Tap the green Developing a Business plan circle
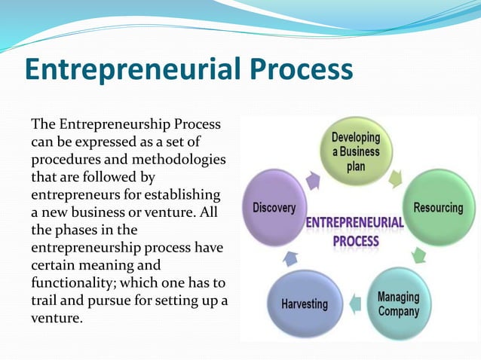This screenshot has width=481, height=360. click(355, 151)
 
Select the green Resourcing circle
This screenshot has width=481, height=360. click(438, 207)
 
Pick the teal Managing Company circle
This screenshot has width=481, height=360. click(399, 302)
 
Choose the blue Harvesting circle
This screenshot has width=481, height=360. click(305, 304)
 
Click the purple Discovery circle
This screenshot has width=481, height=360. click(274, 208)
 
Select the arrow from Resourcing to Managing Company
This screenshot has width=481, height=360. click(418, 255)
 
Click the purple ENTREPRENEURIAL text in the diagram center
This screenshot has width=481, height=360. click(354, 224)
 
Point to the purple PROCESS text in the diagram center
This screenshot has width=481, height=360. click(355, 241)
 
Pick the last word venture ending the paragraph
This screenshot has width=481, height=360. click(54, 318)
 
